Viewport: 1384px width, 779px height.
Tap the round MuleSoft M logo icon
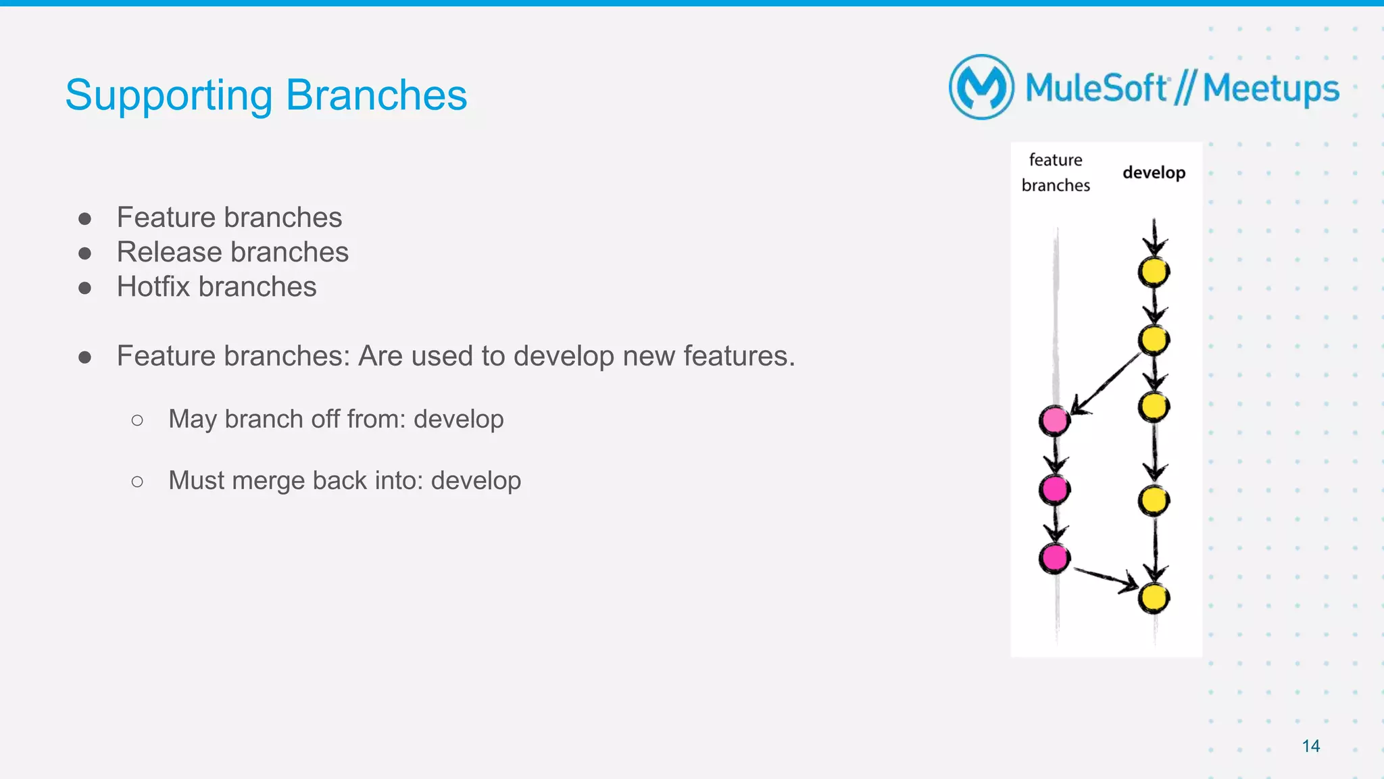point(981,87)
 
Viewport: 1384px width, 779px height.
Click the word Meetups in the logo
point(1270,89)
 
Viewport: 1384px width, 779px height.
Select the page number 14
point(1310,746)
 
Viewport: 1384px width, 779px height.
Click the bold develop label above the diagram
point(1154,173)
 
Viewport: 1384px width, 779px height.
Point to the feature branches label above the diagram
point(1056,172)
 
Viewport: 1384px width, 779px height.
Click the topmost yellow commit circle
point(1154,272)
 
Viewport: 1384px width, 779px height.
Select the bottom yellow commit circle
point(1154,598)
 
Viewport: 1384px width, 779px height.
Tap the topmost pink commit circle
point(1054,420)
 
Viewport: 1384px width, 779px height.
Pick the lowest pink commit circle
point(1054,558)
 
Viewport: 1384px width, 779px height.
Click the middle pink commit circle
point(1054,488)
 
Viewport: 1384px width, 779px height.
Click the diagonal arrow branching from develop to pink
point(1107,383)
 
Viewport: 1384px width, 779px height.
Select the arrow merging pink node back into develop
point(1106,578)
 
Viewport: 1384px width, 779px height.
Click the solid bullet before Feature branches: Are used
point(84,357)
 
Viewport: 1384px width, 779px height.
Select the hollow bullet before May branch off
point(137,420)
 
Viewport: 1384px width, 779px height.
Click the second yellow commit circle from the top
point(1154,339)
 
